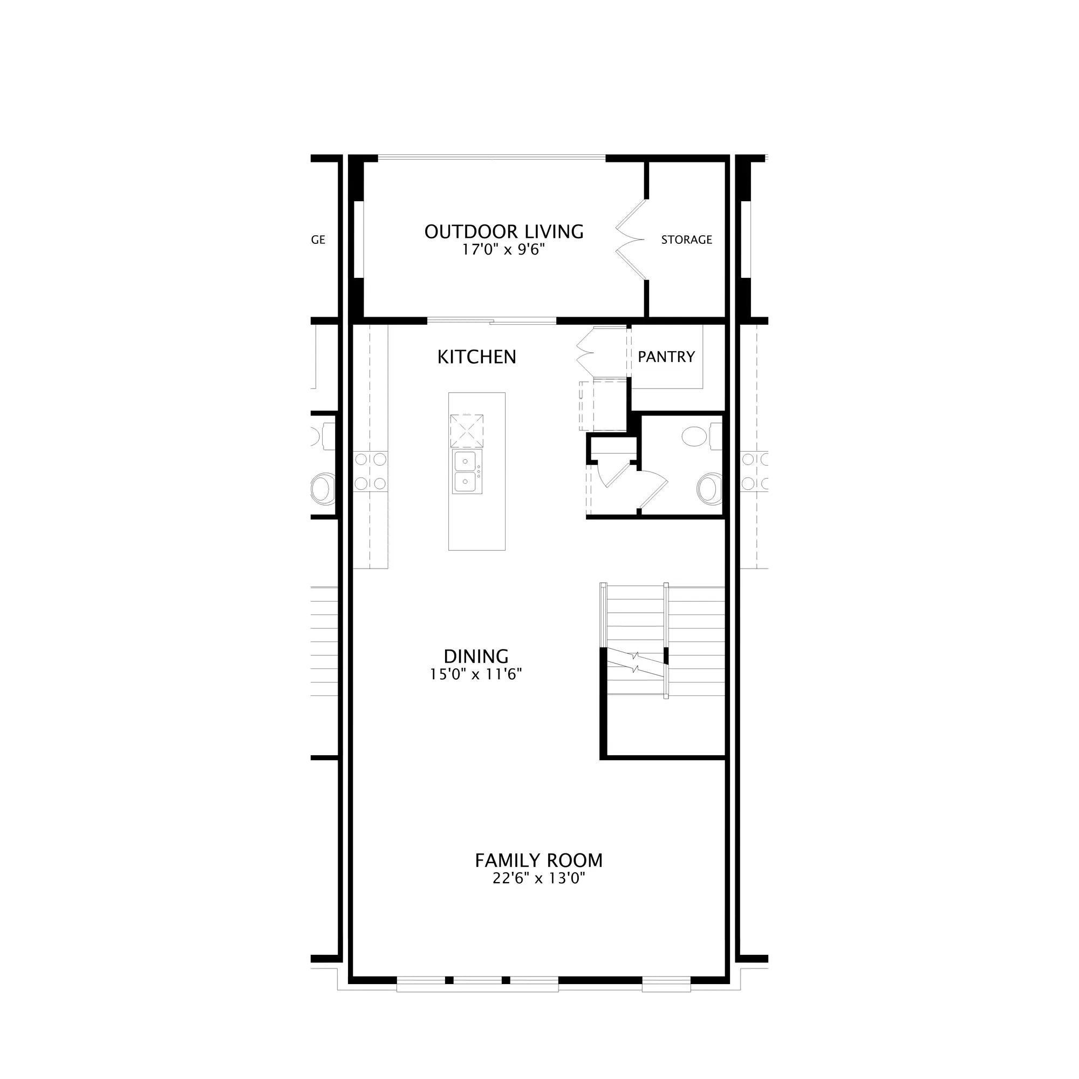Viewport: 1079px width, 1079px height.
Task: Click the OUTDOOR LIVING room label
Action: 504,231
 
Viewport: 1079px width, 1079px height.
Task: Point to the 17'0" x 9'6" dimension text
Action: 503,250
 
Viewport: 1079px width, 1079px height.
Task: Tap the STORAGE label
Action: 686,240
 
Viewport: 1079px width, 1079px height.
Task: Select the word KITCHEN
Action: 476,357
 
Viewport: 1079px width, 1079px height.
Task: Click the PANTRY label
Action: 666,356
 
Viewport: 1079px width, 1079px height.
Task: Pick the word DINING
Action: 476,656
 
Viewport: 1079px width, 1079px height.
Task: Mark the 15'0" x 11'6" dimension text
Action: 475,675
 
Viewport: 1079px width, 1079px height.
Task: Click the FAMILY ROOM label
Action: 539,861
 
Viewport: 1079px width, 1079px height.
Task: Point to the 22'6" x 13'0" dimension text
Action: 538,879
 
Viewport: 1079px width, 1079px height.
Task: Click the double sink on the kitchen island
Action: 468,472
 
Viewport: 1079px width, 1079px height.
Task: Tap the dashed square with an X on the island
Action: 467,431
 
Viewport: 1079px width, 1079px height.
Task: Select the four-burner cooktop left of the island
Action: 370,472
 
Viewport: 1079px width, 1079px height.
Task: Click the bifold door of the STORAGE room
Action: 631,239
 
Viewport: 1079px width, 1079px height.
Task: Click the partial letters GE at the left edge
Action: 318,240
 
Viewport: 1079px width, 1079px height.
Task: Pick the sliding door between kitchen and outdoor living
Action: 492,320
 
